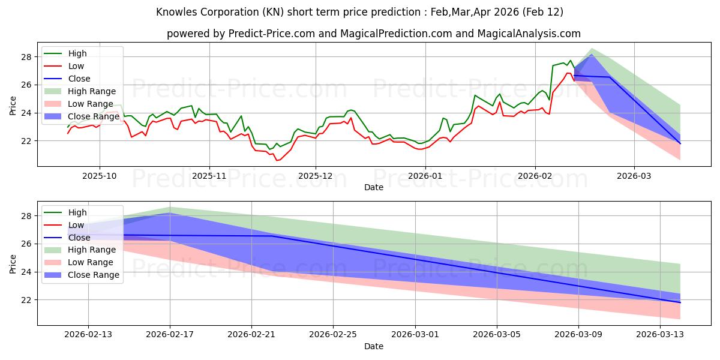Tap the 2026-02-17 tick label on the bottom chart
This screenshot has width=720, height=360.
[170, 335]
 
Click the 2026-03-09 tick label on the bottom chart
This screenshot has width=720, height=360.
[578, 335]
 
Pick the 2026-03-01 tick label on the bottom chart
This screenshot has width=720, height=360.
[415, 335]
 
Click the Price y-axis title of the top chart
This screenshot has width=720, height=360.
[13, 106]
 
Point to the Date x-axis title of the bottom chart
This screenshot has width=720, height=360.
[374, 346]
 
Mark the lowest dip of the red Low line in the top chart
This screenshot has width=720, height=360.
[277, 160]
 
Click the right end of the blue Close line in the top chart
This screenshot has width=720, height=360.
[680, 143]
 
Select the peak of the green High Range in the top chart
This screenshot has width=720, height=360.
[592, 49]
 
